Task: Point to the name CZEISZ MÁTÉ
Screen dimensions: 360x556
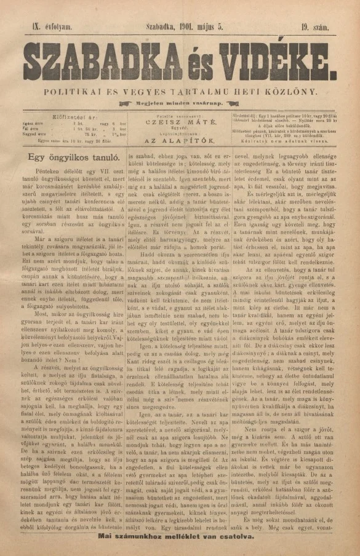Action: pos(178,123)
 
